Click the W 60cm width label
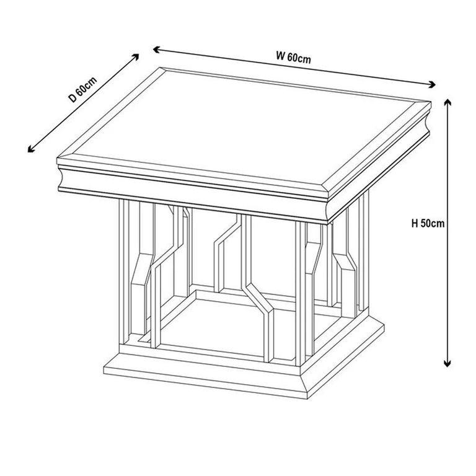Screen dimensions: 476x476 coord(293,58)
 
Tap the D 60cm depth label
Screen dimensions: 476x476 coord(82,89)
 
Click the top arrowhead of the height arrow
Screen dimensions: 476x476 coord(447,101)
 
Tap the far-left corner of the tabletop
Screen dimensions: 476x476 coord(58,162)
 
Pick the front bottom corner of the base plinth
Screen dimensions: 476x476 coord(306,397)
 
